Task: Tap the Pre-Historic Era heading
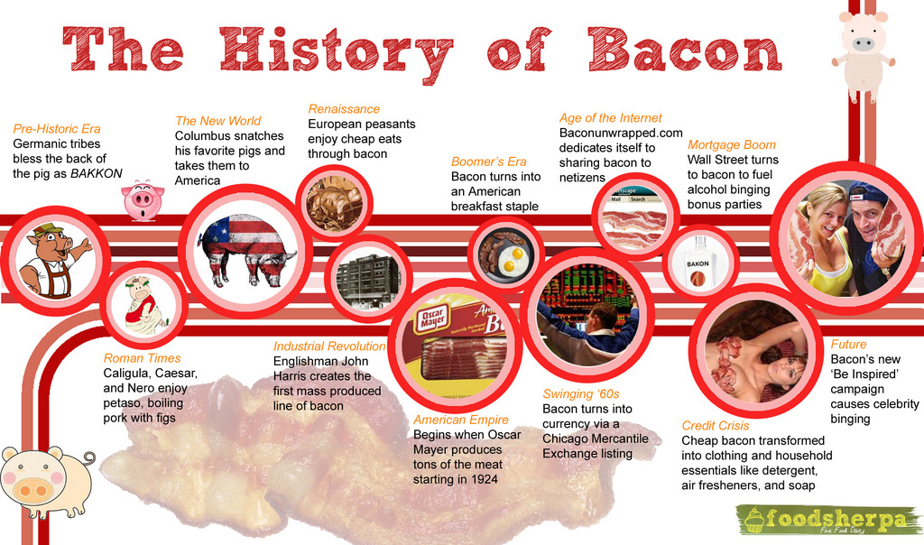click(x=57, y=129)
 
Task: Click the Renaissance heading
click(x=344, y=109)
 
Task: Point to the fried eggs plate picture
click(x=506, y=254)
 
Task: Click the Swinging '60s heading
click(x=581, y=393)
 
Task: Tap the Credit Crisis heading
click(x=715, y=425)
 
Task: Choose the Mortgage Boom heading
click(x=732, y=144)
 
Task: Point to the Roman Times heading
click(x=142, y=358)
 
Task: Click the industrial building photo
click(x=368, y=279)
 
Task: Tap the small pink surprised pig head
click(x=143, y=199)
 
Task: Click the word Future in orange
click(x=848, y=344)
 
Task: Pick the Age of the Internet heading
click(x=611, y=118)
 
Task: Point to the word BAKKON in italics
click(x=96, y=173)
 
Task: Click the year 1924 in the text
click(x=485, y=479)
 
